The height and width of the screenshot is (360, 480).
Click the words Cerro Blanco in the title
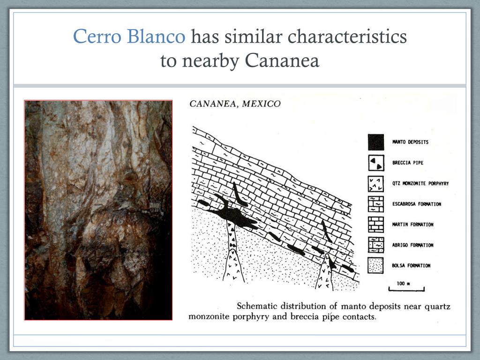[129, 37]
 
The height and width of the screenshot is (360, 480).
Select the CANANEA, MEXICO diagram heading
[234, 104]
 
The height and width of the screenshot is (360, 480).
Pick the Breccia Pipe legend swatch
[375, 163]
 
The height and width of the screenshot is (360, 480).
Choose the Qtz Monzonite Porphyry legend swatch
[375, 183]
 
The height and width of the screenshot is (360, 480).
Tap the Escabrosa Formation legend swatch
[375, 204]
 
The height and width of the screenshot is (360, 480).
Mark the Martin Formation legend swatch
[375, 225]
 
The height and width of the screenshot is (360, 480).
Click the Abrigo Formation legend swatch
[375, 245]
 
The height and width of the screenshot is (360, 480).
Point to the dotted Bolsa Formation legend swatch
[375, 266]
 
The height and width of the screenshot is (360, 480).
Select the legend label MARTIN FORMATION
[413, 225]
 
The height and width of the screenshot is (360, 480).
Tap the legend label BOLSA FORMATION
[412, 266]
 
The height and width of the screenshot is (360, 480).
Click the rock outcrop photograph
[98, 210]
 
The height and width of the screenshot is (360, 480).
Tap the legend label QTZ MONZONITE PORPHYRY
[420, 183]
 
